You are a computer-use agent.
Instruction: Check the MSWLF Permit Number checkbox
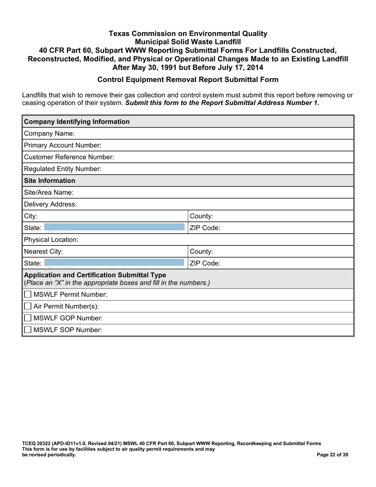28,295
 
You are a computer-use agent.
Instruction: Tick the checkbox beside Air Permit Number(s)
28,306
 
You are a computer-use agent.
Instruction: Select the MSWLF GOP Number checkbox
28,318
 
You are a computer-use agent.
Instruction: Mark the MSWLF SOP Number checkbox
28,329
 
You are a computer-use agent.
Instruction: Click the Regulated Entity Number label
63,169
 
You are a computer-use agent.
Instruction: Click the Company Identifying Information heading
77,122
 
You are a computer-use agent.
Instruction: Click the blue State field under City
114,228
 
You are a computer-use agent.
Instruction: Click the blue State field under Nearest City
114,263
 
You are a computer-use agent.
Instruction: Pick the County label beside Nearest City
201,251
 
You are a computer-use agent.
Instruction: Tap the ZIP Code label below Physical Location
205,263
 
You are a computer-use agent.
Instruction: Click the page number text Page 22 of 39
333,455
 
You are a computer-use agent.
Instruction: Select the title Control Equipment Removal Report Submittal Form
188,79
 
